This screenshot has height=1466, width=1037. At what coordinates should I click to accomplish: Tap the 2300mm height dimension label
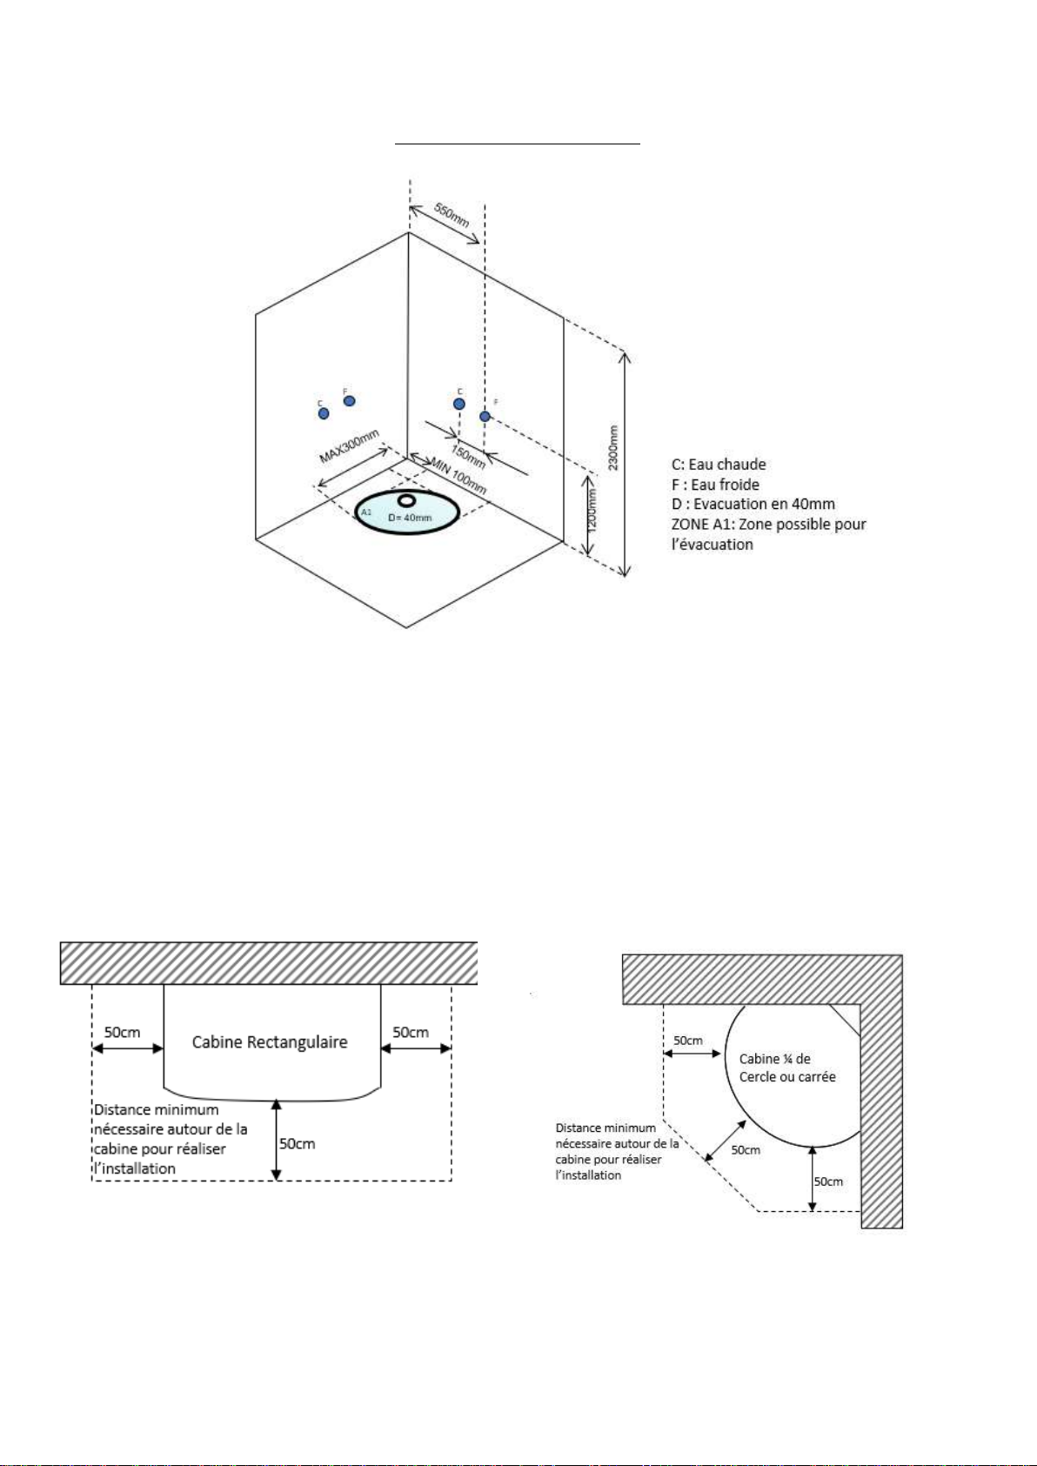click(x=613, y=448)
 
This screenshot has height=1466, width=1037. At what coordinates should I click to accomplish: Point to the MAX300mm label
click(x=350, y=446)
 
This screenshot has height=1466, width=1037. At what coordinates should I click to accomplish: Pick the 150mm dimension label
click(x=468, y=456)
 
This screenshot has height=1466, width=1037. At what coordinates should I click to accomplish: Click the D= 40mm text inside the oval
click(x=411, y=518)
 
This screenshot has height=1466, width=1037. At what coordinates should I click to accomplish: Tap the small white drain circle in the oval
click(x=407, y=500)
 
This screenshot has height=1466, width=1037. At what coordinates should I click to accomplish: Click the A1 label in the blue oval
click(x=366, y=512)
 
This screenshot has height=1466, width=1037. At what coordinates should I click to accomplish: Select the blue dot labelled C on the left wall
click(x=324, y=413)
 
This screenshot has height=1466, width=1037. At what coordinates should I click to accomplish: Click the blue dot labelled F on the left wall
click(x=350, y=400)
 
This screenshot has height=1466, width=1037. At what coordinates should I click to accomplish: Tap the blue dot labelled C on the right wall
click(x=459, y=404)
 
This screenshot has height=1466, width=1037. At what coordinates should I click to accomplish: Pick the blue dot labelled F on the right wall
click(x=485, y=416)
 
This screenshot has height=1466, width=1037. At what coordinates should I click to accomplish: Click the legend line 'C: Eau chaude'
click(x=719, y=465)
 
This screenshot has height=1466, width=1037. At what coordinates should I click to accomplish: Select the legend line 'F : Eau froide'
click(x=715, y=485)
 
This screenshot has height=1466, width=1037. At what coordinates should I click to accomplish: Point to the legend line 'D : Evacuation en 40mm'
click(x=753, y=504)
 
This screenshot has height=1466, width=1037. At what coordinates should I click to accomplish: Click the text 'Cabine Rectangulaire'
click(x=270, y=1042)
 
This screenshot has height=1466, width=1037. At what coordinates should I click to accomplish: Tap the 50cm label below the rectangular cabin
click(x=297, y=1143)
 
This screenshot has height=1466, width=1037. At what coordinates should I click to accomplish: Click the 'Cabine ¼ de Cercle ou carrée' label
click(x=787, y=1068)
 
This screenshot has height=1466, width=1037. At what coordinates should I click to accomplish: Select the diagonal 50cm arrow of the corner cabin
click(x=726, y=1141)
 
